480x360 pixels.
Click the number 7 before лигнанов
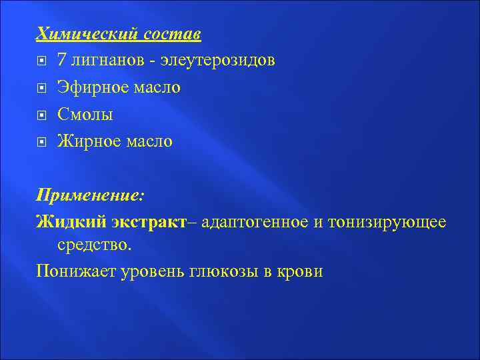click(61, 61)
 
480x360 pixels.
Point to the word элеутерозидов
click(218, 61)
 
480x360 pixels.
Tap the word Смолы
click(85, 115)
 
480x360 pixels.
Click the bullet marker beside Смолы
click(42, 115)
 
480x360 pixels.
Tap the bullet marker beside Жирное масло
click(42, 142)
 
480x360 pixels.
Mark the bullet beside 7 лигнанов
click(42, 61)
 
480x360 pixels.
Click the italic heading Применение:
click(90, 196)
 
